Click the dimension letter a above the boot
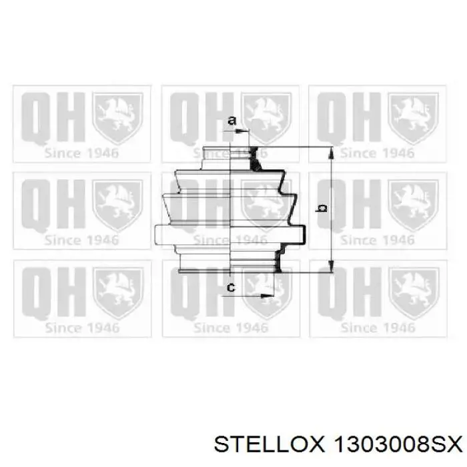click(231, 121)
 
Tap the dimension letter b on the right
click(322, 208)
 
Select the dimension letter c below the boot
click(231, 288)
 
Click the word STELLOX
click(269, 446)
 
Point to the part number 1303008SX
click(398, 446)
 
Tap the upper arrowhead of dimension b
click(331, 153)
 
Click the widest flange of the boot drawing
click(230, 236)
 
